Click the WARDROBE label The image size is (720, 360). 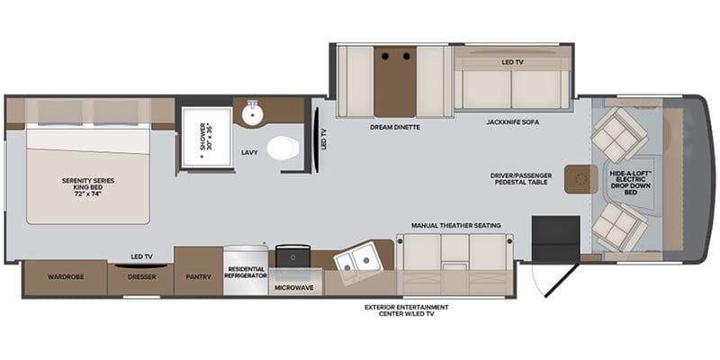coord(66,277)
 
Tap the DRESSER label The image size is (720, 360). coord(140,277)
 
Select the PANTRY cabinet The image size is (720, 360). coord(198,277)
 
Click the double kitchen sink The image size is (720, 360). coord(357,259)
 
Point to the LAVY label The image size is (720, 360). coord(249,153)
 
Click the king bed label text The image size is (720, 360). coord(88,186)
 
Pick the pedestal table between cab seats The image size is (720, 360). coord(577,179)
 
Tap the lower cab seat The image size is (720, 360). coord(620,225)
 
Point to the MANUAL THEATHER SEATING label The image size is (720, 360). coord(456,225)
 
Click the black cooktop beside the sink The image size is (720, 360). coord(292,256)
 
